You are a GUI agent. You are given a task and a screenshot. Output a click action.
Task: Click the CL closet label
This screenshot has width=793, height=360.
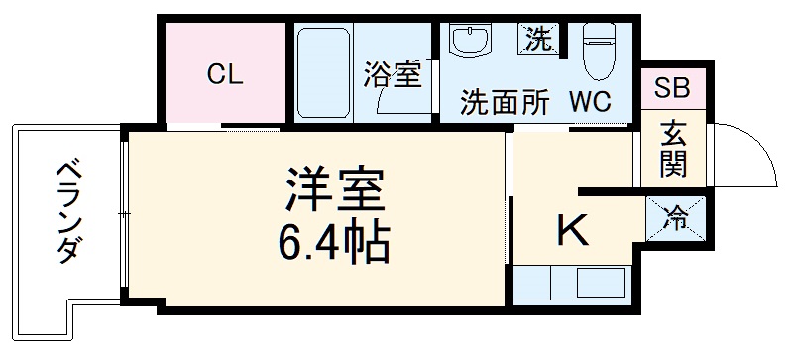pyautogui.click(x=224, y=76)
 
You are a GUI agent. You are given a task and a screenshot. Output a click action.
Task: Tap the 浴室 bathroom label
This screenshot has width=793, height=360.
pyautogui.click(x=392, y=74)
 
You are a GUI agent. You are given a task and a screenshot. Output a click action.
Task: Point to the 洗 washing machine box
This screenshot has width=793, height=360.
pyautogui.click(x=538, y=41)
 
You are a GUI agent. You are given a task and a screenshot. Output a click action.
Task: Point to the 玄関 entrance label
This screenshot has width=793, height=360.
pyautogui.click(x=674, y=149)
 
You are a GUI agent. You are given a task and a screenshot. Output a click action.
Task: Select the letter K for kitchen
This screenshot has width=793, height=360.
pyautogui.click(x=572, y=232)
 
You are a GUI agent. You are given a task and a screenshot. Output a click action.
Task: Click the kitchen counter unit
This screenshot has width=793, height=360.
pyautogui.click(x=573, y=283)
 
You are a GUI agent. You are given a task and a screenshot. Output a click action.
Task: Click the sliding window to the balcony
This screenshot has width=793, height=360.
pyautogui.click(x=123, y=213)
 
